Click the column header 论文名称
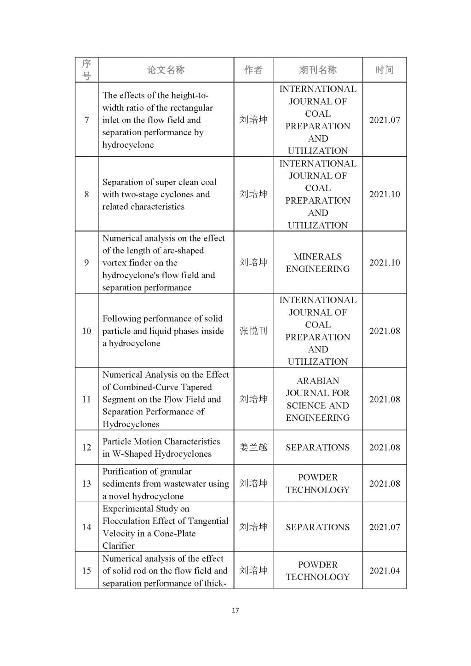[166, 70]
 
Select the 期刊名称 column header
[317, 70]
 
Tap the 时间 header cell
[384, 70]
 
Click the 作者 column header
[253, 70]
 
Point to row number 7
[86, 120]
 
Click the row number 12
[86, 448]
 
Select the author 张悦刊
[253, 331]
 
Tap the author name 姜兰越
[253, 448]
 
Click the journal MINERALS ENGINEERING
[317, 263]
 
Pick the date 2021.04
[384, 571]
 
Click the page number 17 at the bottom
[235, 610]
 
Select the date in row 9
[384, 263]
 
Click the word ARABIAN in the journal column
[317, 381]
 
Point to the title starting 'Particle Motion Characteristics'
[161, 442]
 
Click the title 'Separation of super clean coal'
[159, 182]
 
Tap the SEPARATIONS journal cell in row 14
[317, 527]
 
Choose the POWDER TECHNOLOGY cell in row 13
[317, 483]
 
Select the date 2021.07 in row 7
[384, 120]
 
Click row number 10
[86, 331]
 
